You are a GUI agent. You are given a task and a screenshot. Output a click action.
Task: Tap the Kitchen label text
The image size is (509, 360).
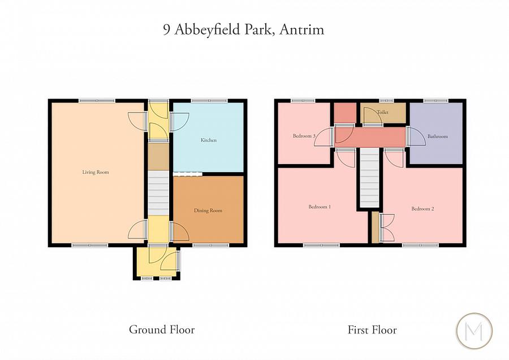pos(209,140)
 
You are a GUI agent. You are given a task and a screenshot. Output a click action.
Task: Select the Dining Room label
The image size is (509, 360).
pos(208,211)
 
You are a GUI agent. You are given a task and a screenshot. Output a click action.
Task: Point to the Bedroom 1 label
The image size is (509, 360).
pos(320,207)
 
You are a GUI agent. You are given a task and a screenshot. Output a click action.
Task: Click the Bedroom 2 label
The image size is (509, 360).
pos(422,209)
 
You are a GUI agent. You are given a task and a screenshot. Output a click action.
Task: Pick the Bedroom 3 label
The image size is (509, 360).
pos(304,136)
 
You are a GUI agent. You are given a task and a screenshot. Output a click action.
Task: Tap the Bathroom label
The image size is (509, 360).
pos(437,136)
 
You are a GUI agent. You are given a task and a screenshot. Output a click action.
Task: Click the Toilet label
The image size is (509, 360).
pos(382,113)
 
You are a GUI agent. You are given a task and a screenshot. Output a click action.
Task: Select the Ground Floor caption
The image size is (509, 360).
pos(162,329)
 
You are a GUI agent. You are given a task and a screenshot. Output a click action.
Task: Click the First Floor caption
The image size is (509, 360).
pos(372,329)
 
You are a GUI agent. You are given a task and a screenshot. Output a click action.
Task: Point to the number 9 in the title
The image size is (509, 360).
pos(167,30)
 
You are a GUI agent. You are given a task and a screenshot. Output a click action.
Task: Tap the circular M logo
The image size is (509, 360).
pos(474,331)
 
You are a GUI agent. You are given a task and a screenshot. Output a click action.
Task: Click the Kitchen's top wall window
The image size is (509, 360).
pos(209,101)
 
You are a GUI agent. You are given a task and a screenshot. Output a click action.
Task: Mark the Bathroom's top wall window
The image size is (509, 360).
pos(436,101)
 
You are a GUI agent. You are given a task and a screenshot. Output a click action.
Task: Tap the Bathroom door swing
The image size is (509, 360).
pos(416,136)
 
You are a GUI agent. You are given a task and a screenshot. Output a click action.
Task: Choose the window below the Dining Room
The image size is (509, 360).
pos(211,245)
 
